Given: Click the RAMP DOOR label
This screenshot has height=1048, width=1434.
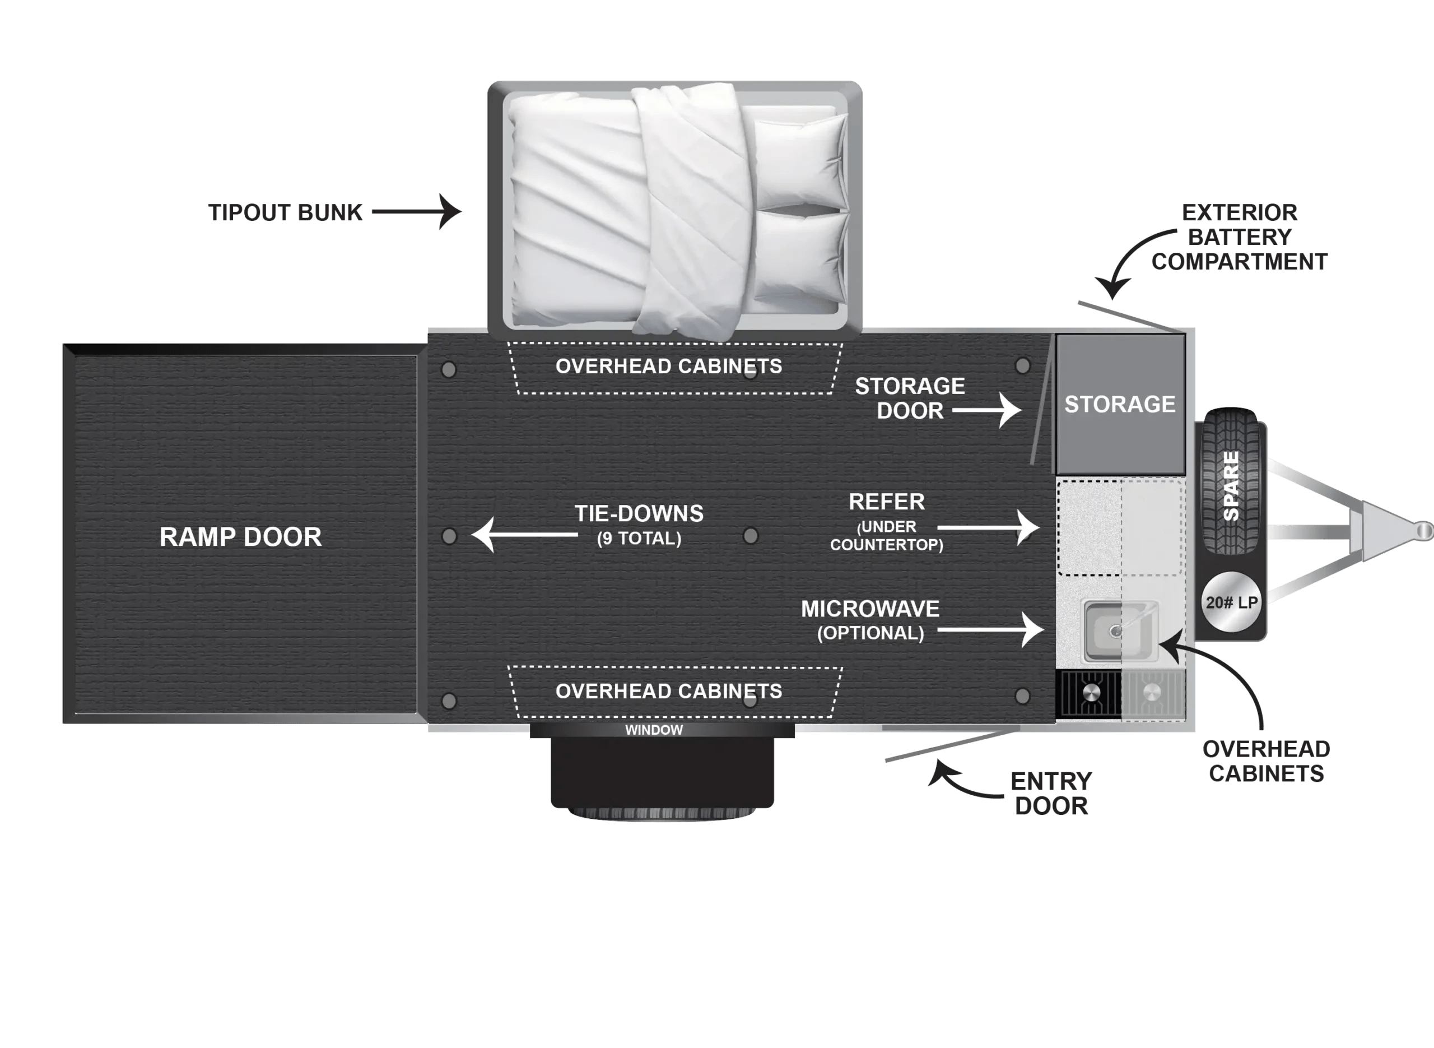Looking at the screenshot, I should tap(240, 537).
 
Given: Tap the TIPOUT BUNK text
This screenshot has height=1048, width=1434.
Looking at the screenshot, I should tap(285, 213).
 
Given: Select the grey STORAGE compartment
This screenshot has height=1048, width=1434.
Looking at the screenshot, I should tap(1120, 404).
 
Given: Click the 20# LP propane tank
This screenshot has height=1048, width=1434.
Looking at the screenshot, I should tap(1231, 602).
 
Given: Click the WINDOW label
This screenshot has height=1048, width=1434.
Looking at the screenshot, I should tap(654, 730).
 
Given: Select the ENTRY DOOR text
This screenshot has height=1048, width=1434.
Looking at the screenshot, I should tap(1051, 793).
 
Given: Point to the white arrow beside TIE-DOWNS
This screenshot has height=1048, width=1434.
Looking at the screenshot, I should tap(524, 534).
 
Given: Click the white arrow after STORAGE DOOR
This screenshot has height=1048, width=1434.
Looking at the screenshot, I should tap(987, 410).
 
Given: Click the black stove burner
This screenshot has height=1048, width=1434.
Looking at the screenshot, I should tap(1088, 693).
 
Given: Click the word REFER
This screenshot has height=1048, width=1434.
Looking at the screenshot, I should tap(886, 503).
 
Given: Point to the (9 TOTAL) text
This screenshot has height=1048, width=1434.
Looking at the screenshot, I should tap(639, 539).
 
